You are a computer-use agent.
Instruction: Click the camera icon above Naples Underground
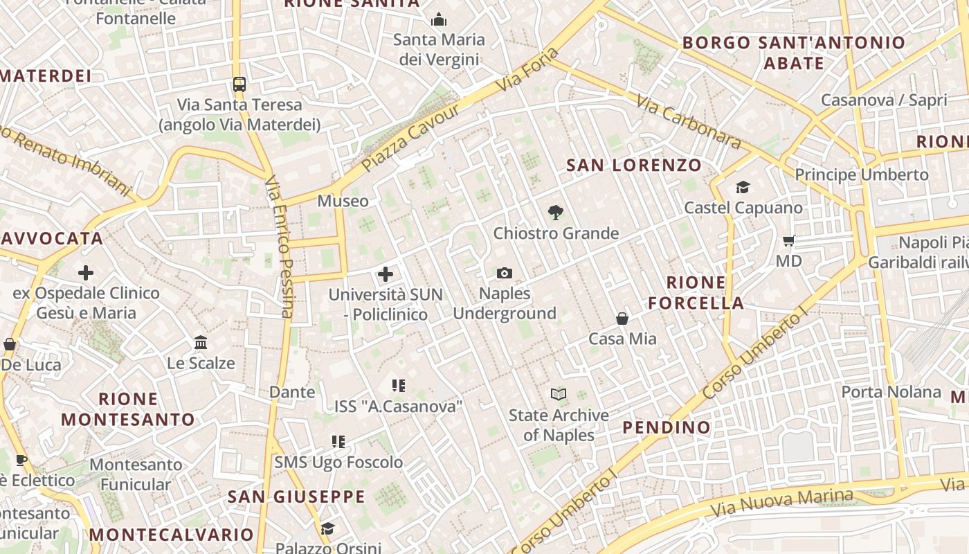click(505, 274)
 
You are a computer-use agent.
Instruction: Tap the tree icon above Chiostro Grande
click(555, 213)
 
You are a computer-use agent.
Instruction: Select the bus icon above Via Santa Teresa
click(239, 84)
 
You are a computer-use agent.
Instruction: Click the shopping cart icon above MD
click(788, 241)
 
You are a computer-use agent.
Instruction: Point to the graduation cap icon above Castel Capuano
click(743, 187)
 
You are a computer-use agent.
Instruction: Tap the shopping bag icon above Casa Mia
click(622, 319)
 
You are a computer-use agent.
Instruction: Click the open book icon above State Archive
click(559, 395)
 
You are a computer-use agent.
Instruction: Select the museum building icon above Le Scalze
click(201, 343)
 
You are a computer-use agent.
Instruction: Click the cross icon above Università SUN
click(386, 274)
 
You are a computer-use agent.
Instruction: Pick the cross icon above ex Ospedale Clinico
click(86, 273)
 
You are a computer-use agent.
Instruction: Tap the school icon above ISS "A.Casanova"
click(398, 386)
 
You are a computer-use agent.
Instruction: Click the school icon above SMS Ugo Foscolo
click(338, 442)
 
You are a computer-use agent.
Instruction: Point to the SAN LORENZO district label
click(634, 166)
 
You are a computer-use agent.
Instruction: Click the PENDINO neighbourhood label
click(667, 427)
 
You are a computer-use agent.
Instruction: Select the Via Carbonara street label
click(689, 123)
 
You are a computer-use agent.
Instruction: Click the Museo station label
click(343, 202)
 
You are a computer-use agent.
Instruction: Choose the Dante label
click(292, 392)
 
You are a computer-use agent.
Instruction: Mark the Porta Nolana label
click(891, 392)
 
